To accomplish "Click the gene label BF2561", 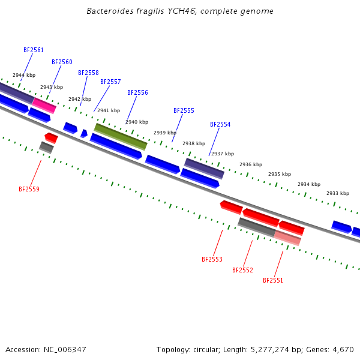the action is click(34, 50).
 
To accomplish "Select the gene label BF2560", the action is click(62, 62).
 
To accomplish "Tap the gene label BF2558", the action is click(88, 73).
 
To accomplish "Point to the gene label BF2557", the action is click(110, 82).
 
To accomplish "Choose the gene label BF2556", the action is click(137, 92).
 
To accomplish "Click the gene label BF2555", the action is click(184, 110).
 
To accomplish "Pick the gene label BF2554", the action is click(220, 124).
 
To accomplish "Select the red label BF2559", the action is click(29, 189).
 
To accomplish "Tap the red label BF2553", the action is click(212, 259).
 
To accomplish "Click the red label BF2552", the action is click(242, 270).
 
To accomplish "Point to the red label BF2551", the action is click(273, 280).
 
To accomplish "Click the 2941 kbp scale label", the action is click(109, 110).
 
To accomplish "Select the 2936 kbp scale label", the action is click(251, 164).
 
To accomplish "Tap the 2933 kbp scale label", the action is click(338, 193).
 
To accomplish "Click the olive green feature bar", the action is click(121, 137).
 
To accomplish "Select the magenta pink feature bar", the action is click(44, 106).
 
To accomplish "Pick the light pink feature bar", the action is click(287, 238).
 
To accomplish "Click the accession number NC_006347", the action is click(65, 350).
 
